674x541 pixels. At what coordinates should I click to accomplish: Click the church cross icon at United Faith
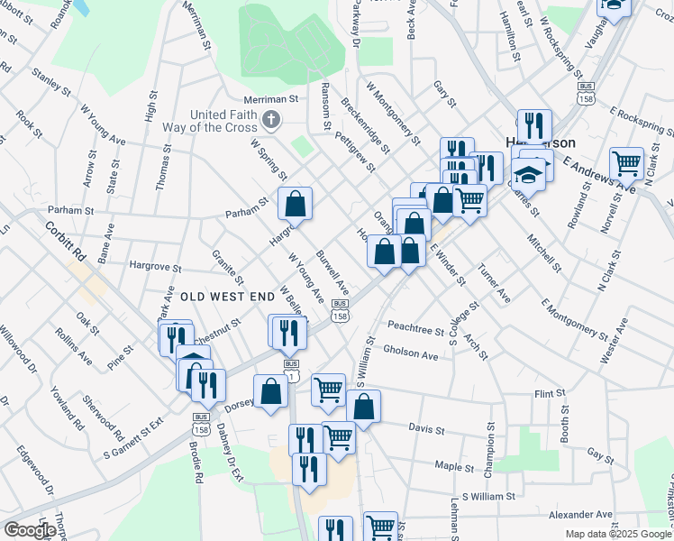pos(269,119)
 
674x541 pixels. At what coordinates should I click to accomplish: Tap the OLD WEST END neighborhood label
pos(226,296)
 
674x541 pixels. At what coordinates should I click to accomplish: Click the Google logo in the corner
pos(30,530)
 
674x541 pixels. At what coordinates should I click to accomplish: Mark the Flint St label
pos(549,394)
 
